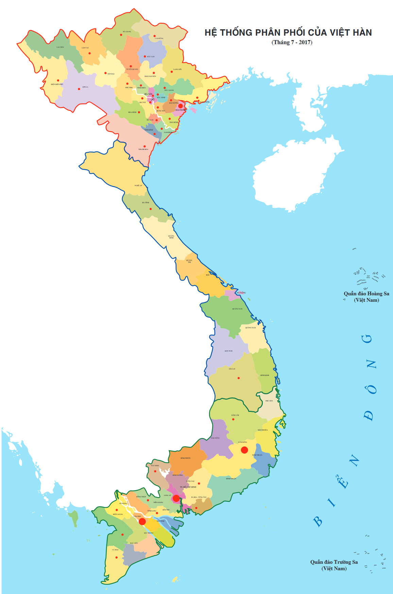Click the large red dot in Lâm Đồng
244,450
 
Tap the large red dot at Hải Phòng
181,106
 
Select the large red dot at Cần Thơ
142,521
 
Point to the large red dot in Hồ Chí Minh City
176,498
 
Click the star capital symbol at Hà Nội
152,99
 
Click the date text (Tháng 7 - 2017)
292,42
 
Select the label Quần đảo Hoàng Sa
366,294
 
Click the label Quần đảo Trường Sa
334,562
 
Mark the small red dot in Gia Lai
239,378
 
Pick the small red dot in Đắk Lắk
233,419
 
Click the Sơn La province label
85,87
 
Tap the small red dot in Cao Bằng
154,36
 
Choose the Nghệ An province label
138,186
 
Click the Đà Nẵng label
241,293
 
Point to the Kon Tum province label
228,351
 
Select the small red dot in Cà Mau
116,557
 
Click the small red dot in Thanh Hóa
144,146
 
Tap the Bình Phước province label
186,458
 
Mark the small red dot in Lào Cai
89,53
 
